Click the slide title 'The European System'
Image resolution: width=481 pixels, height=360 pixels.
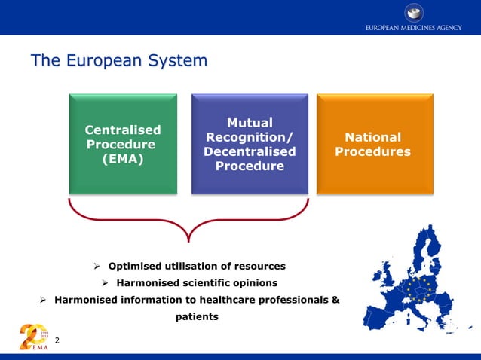tap(118, 60)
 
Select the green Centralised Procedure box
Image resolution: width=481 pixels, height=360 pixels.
tap(123, 143)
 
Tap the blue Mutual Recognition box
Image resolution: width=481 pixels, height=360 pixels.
tap(250, 143)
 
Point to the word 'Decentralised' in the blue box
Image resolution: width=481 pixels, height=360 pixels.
tap(250, 151)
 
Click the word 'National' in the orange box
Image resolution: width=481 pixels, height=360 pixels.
tap(372, 137)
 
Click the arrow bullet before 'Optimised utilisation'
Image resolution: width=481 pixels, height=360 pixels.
tap(97, 267)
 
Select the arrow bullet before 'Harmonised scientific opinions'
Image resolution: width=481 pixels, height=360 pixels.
tap(106, 283)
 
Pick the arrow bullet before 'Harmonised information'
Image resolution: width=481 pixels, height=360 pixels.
tap(44, 301)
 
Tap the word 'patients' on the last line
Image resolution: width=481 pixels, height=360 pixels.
tap(197, 317)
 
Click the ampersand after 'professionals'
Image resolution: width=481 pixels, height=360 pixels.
tap(335, 301)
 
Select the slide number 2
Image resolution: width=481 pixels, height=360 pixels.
tap(57, 341)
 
